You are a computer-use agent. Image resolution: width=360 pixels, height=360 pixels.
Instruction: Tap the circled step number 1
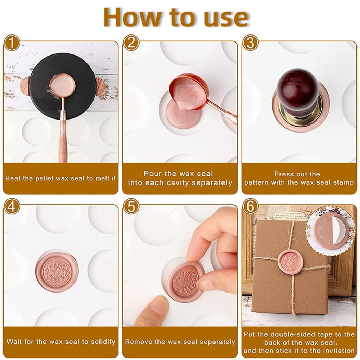[12, 44]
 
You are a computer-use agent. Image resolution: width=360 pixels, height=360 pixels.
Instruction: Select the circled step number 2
[131, 44]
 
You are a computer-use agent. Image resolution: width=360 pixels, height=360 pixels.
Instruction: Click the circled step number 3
[250, 44]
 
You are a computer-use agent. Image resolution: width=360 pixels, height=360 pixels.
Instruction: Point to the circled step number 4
[12, 207]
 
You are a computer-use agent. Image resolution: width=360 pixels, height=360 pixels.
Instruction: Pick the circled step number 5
[131, 207]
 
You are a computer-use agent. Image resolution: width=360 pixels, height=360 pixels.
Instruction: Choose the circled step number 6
[250, 207]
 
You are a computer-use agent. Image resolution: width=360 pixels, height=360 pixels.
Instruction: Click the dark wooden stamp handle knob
[297, 88]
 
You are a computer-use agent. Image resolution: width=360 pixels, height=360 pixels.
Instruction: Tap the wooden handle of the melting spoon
[63, 144]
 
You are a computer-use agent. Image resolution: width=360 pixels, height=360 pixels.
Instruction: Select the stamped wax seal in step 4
[57, 272]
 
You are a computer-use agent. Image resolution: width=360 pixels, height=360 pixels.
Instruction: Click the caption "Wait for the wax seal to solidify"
[61, 342]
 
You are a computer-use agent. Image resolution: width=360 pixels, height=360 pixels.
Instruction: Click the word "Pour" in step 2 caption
[152, 174]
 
